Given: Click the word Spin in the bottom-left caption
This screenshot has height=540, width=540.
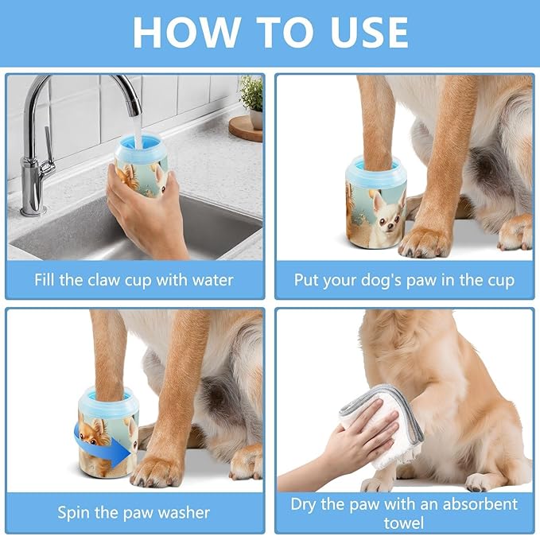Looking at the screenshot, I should pyautogui.click(x=75, y=511).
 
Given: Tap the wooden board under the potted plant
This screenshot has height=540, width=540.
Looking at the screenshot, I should pyautogui.click(x=246, y=128).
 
